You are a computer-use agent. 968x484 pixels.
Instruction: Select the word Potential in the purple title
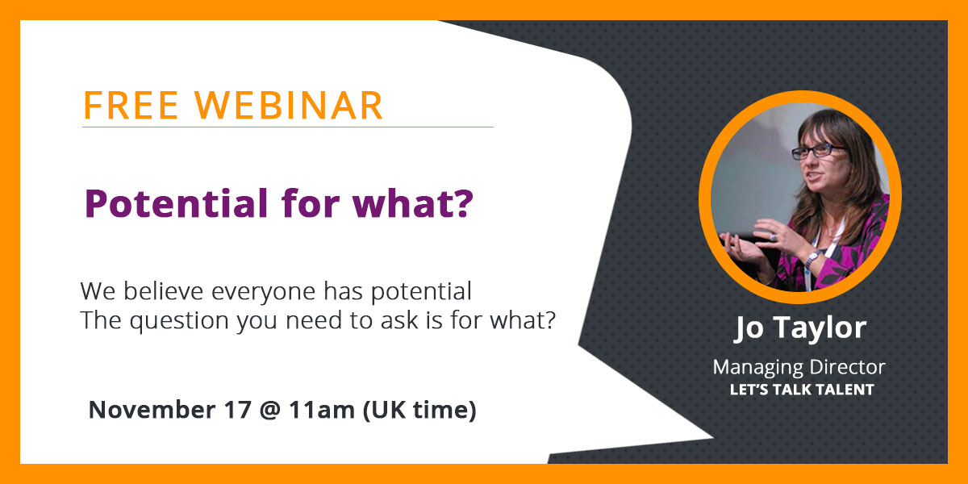tap(165, 204)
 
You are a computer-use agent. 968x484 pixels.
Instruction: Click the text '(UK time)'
tap(419, 410)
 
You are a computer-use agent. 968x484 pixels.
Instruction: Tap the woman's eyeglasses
tap(817, 151)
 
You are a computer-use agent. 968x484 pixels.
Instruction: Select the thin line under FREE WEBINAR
tap(287, 127)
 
